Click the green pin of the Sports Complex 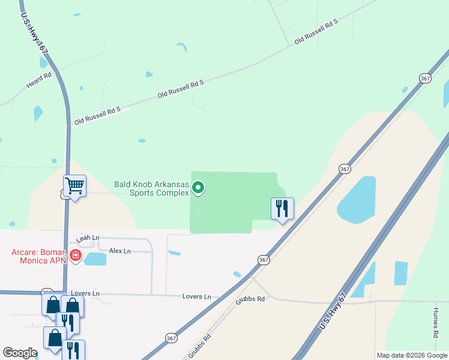tap(199, 188)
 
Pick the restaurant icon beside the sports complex tap(282, 209)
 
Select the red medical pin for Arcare tap(75, 256)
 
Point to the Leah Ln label tap(87, 238)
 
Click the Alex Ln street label tap(119, 251)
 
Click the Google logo tap(20, 353)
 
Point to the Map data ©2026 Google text tap(411, 355)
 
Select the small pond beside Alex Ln tap(95, 259)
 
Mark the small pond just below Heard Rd tap(38, 113)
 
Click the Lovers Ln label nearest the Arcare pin tap(84, 293)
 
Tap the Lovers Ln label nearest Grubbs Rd tap(197, 296)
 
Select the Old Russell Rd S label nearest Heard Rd tap(97, 117)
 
